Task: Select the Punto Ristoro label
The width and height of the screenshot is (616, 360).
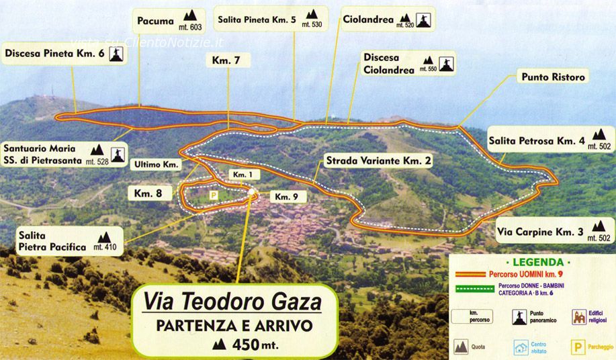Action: tap(553, 77)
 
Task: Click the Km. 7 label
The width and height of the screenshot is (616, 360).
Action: tap(226, 60)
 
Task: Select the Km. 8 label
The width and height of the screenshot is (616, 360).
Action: tap(148, 193)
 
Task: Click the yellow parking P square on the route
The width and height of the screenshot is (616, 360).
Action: tap(213, 195)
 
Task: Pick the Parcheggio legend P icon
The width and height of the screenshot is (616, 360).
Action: tap(576, 348)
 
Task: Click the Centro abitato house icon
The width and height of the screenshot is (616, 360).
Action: tap(521, 347)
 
